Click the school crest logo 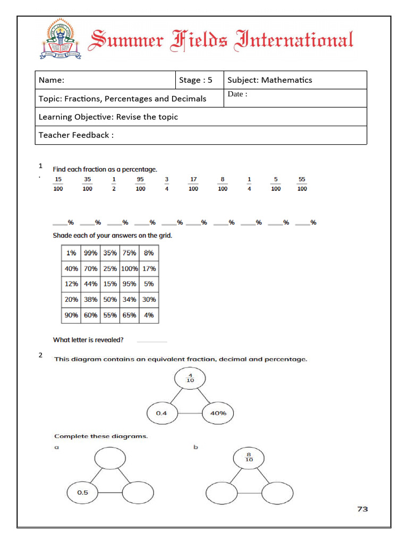(x=61, y=39)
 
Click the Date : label (x=237, y=94)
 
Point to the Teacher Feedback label (x=76, y=135)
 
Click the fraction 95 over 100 (x=140, y=184)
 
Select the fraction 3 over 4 (x=167, y=184)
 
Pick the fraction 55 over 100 (x=302, y=184)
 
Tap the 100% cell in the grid (x=130, y=269)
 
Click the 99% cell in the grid (x=91, y=253)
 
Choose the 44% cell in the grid (x=91, y=284)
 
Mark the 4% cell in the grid (x=149, y=315)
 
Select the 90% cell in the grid (x=71, y=315)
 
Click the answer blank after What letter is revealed (x=152, y=340)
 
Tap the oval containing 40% (x=217, y=413)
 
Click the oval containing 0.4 (x=162, y=413)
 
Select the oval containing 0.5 (x=83, y=493)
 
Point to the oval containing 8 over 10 (x=249, y=457)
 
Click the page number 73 (x=362, y=509)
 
